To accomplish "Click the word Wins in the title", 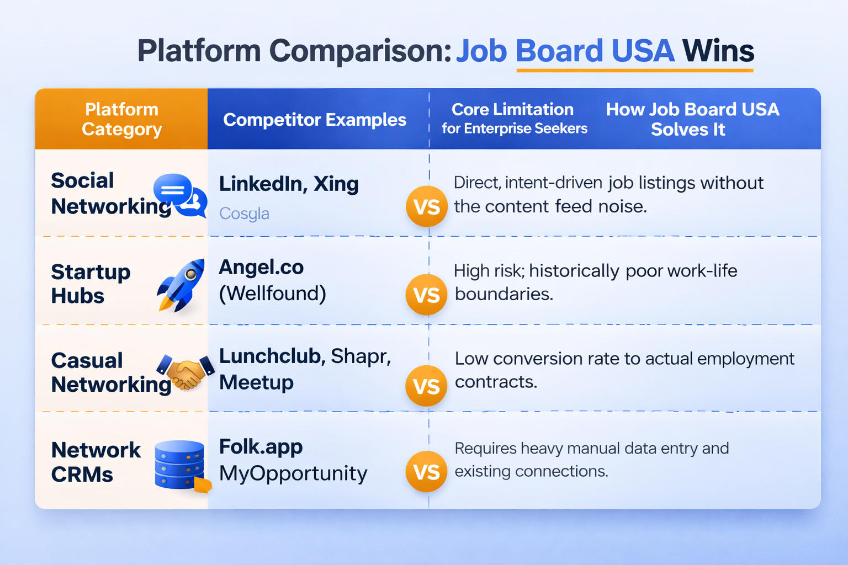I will click(x=718, y=51).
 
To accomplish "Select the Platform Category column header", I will click(x=121, y=119).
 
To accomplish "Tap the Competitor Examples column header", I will click(x=315, y=120).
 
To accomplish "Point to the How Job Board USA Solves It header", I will click(x=692, y=119).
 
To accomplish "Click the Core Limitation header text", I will click(x=512, y=110).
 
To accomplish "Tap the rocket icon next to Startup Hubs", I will click(x=181, y=285).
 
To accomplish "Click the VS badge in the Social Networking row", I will click(x=427, y=207).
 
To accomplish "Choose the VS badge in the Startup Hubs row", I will click(x=427, y=295).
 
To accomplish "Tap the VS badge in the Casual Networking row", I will click(x=427, y=386).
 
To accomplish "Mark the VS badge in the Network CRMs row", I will click(x=427, y=472).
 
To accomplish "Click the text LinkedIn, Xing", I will click(x=289, y=184).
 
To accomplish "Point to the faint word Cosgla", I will click(x=244, y=214).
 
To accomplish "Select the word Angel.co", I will click(x=261, y=268).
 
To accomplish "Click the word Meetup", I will click(x=256, y=382).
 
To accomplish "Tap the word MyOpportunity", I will click(x=293, y=473).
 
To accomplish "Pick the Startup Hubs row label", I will click(x=91, y=284).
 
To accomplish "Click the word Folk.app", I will click(x=261, y=446).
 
